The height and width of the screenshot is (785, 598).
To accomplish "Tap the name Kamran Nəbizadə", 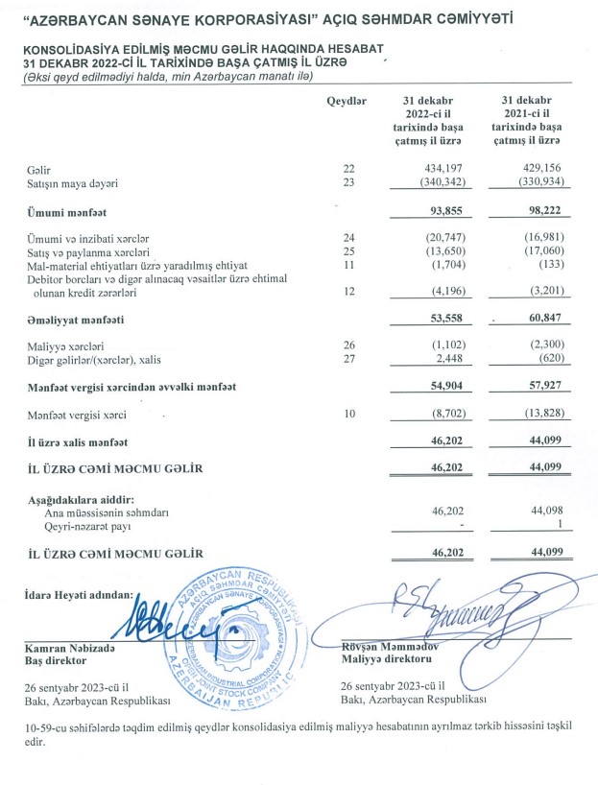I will (66, 648).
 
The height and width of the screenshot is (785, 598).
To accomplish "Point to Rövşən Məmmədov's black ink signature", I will (441, 607).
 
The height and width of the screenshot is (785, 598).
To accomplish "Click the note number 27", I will (348, 360).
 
